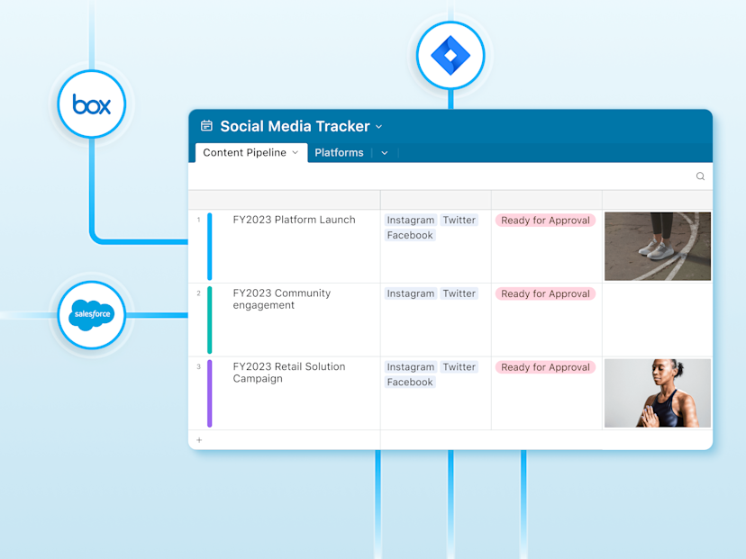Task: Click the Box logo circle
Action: [x=91, y=104]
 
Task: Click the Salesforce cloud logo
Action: [x=91, y=315]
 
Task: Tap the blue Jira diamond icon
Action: [x=450, y=56]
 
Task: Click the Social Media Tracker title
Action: [x=295, y=127]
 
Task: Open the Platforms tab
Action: [x=339, y=153]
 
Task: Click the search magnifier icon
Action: [x=700, y=176]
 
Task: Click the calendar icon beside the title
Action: [x=206, y=127]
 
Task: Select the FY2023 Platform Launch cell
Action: [x=294, y=220]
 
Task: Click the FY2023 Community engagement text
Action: [x=281, y=299]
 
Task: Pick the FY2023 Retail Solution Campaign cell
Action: [x=288, y=373]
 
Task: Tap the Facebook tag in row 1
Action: [x=410, y=236]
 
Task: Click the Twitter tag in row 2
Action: [x=459, y=293]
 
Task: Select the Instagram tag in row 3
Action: [x=410, y=367]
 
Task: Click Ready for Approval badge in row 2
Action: [x=545, y=293]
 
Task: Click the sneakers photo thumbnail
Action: [x=657, y=247]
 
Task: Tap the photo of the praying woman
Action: [x=657, y=393]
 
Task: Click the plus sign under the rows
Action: [x=199, y=440]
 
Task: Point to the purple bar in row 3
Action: [x=210, y=393]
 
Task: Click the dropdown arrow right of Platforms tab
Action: [x=384, y=153]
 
